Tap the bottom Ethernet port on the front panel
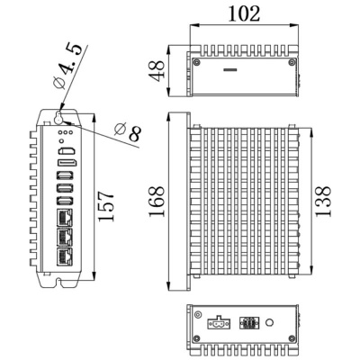tap(65, 256)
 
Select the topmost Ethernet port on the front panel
tap(65, 217)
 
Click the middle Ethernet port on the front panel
tap(65, 237)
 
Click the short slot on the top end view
tap(230, 69)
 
